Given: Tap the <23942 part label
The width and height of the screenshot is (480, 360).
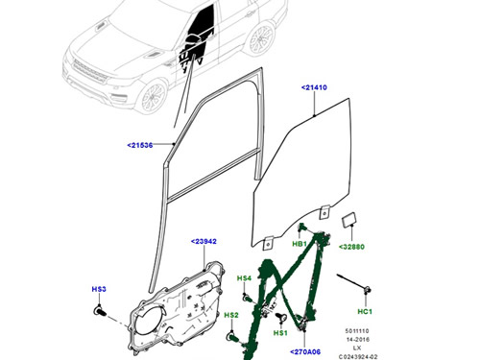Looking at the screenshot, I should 204,241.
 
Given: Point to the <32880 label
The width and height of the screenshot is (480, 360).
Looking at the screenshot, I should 352,247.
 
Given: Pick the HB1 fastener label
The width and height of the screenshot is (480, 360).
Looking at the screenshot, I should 300,245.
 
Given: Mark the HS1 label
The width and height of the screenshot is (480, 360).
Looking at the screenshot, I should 281,332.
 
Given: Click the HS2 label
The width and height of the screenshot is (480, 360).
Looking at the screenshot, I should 231,315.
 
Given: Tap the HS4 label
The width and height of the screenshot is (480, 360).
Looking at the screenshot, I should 245,278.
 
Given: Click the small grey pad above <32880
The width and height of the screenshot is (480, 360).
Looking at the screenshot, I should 348,224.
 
